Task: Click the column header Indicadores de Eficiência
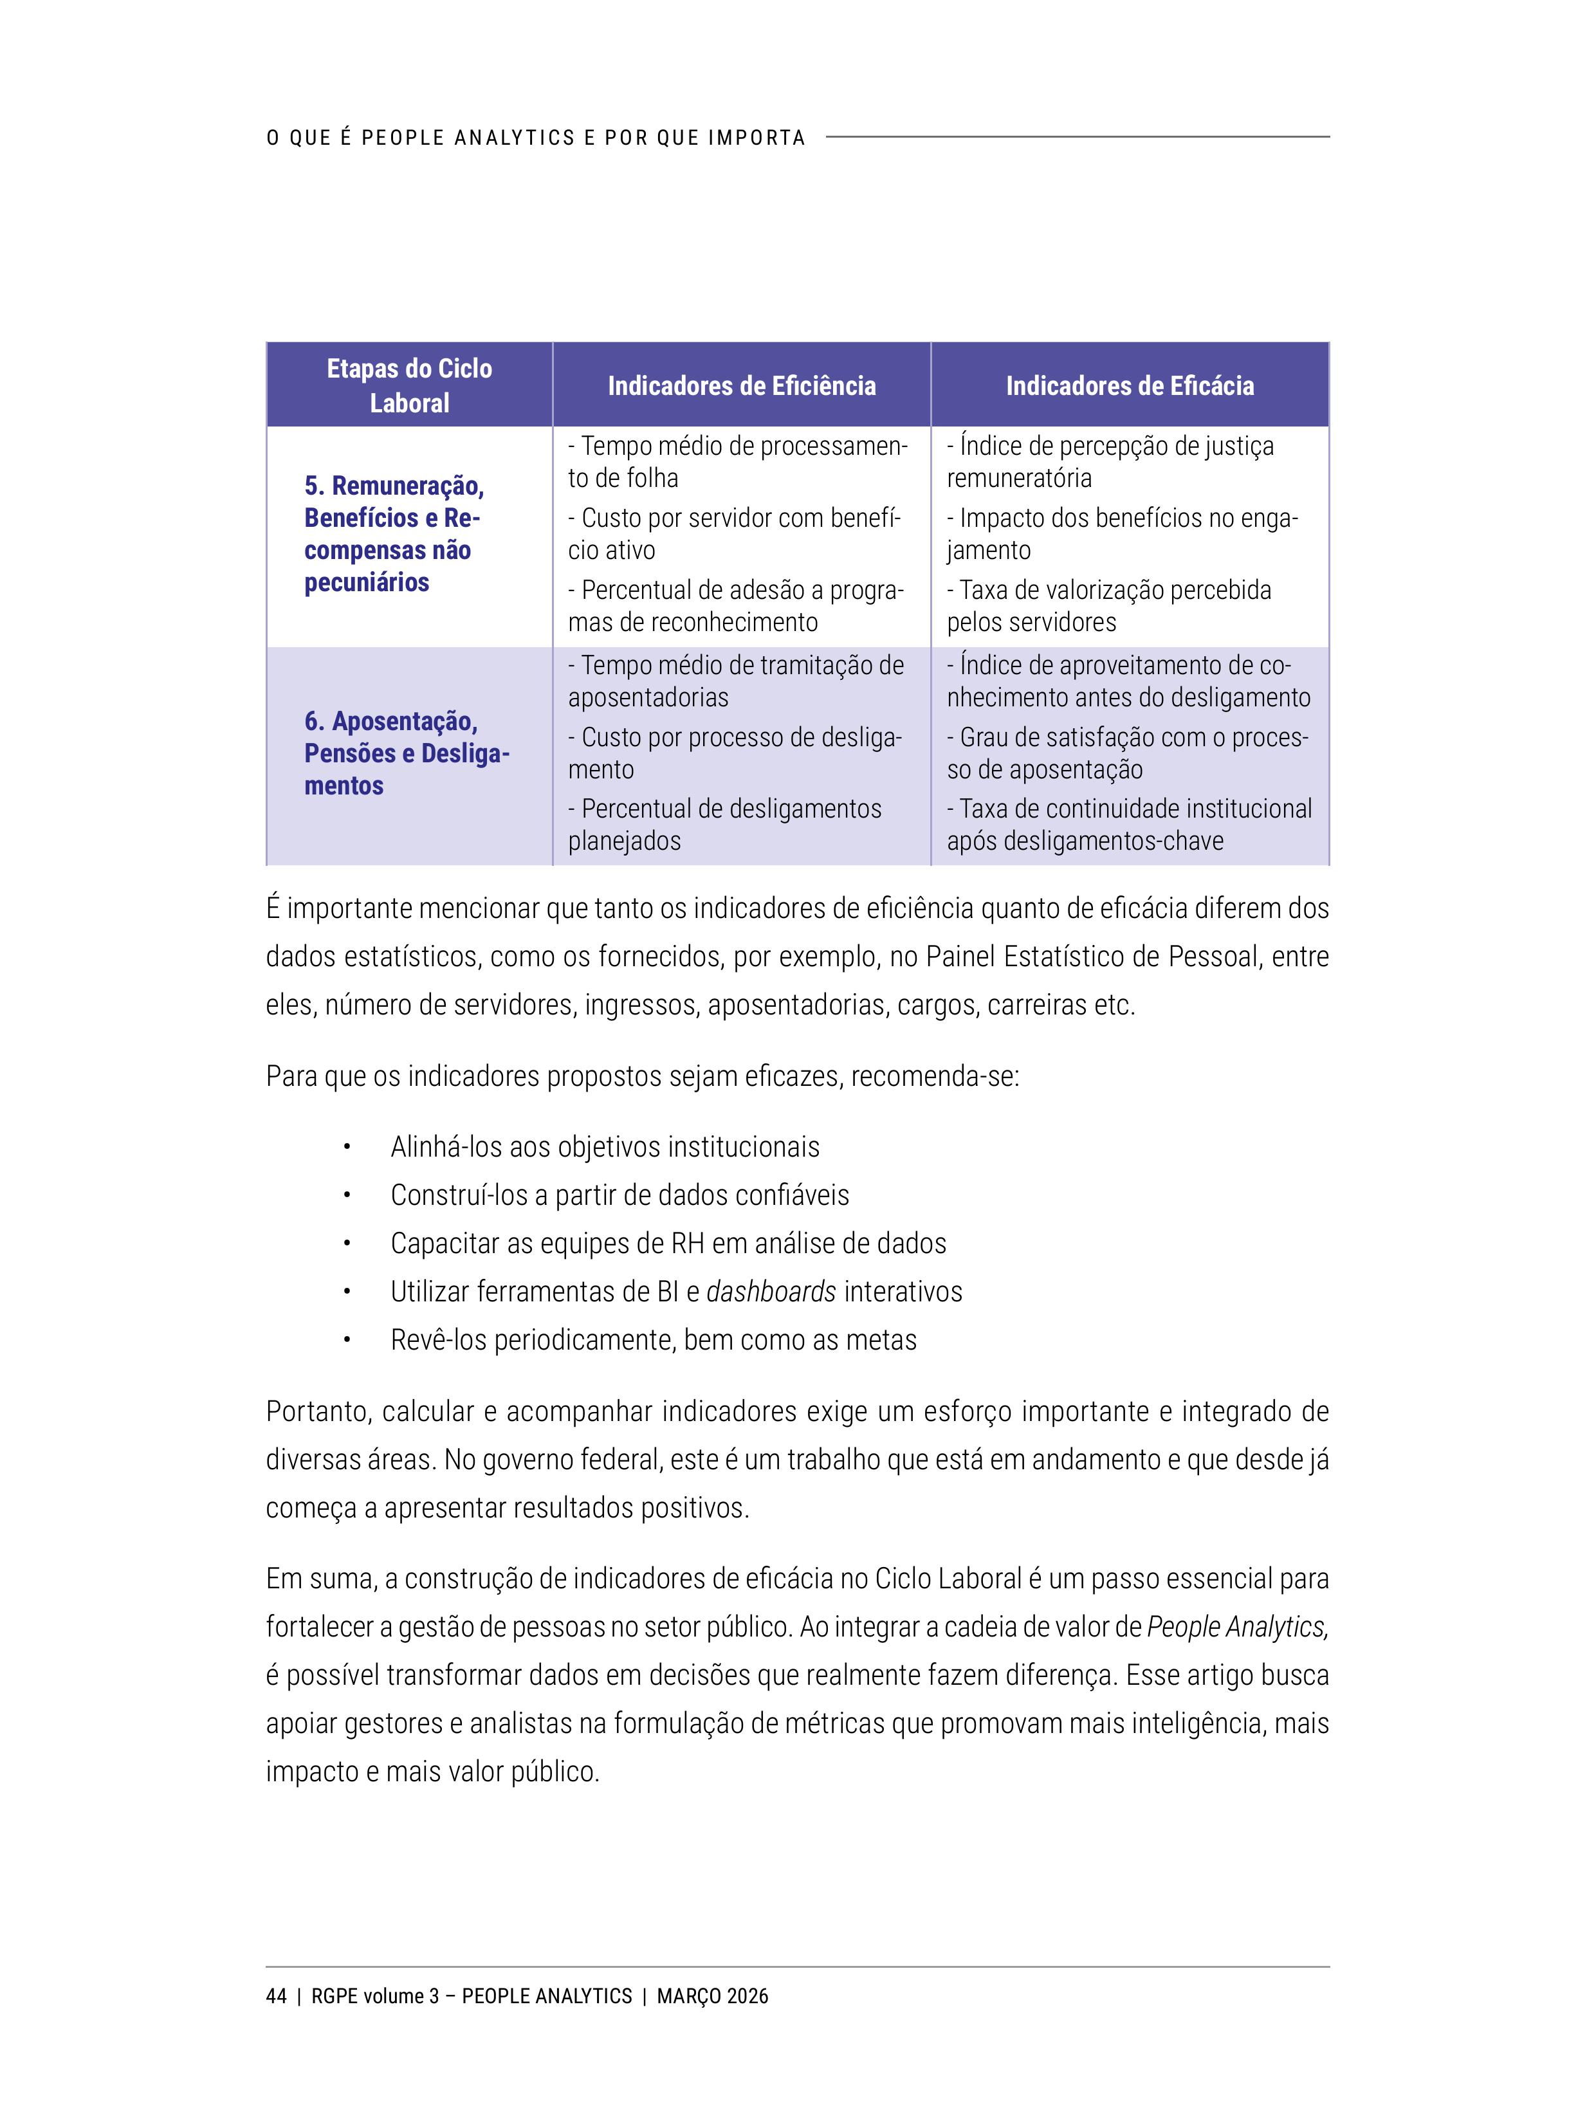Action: pyautogui.click(x=741, y=386)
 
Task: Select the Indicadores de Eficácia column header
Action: pyautogui.click(x=1130, y=386)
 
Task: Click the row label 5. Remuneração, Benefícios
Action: pyautogui.click(x=394, y=534)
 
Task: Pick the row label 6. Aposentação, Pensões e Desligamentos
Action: pyautogui.click(x=406, y=753)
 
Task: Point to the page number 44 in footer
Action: pyautogui.click(x=276, y=1996)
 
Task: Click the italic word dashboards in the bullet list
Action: pyautogui.click(x=771, y=1291)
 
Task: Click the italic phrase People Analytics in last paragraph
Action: pyautogui.click(x=1237, y=1627)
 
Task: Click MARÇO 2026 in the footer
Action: pyautogui.click(x=712, y=1996)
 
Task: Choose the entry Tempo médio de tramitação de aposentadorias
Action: pyautogui.click(x=735, y=681)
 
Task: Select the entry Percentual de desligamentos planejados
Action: pyautogui.click(x=724, y=825)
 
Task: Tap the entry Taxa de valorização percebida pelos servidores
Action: pyautogui.click(x=1108, y=606)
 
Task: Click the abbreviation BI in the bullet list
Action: pyautogui.click(x=668, y=1291)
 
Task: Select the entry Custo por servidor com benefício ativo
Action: pyautogui.click(x=733, y=534)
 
